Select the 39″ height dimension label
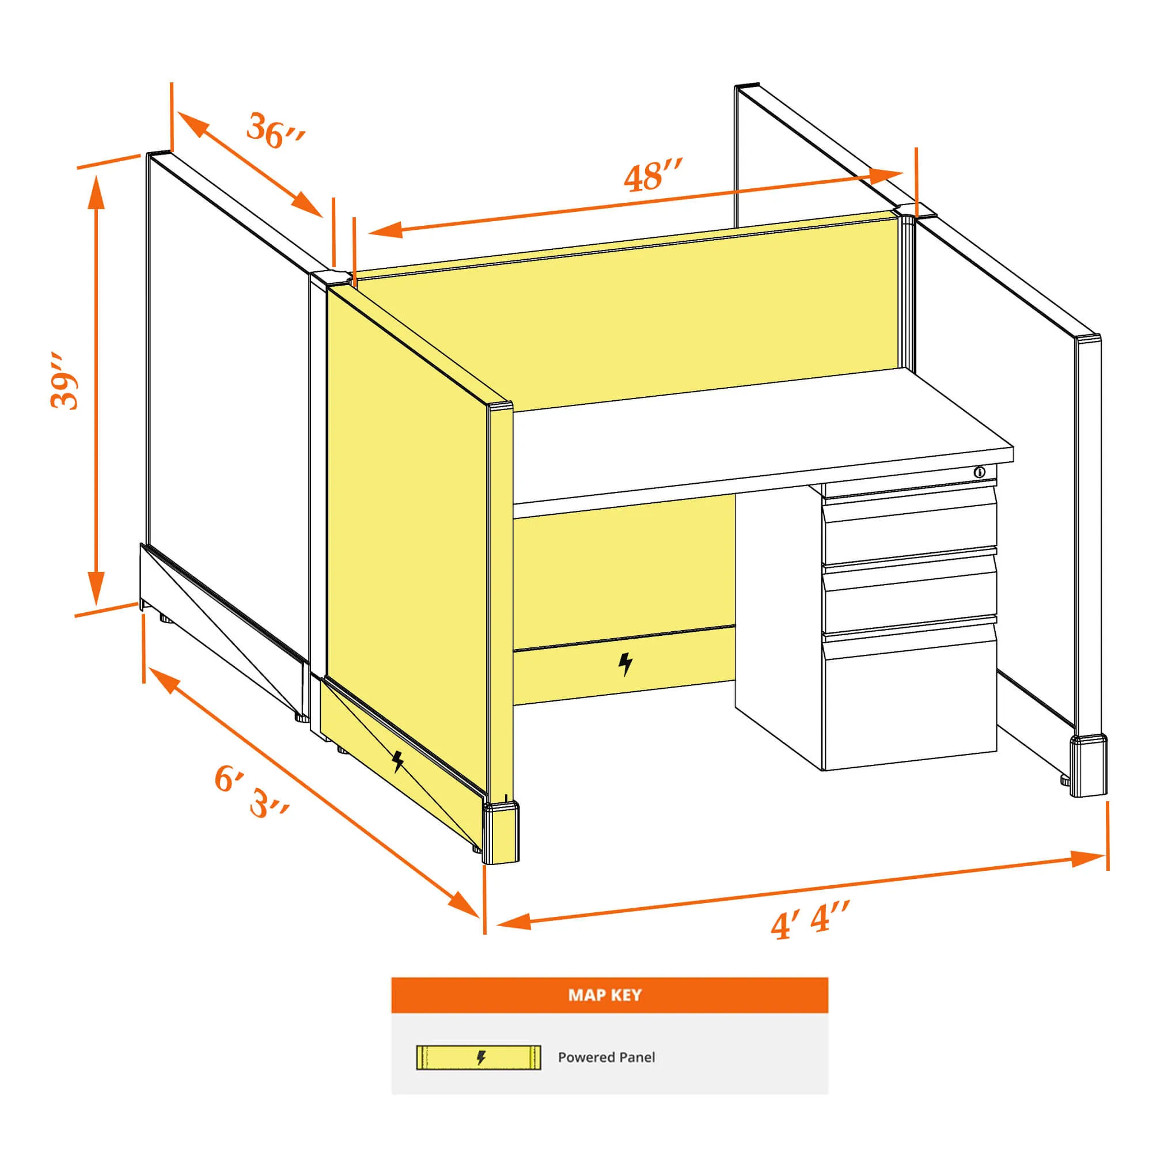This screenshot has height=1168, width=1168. click(x=64, y=380)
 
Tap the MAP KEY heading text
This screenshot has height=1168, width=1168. click(x=605, y=995)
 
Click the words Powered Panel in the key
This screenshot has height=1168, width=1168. click(x=606, y=1057)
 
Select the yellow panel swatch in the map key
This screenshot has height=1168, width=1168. click(x=479, y=1057)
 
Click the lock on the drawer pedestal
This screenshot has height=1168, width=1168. click(x=979, y=472)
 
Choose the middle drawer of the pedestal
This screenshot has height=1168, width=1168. click(x=909, y=594)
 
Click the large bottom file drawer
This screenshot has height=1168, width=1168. click(x=909, y=695)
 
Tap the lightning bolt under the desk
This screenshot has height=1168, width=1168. click(x=625, y=664)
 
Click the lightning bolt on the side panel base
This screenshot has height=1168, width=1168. click(x=398, y=761)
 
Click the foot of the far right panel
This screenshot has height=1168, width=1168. click(x=1088, y=765)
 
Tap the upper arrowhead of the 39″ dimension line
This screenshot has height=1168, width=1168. click(x=97, y=191)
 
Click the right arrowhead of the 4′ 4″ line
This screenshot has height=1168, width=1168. click(x=1087, y=858)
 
